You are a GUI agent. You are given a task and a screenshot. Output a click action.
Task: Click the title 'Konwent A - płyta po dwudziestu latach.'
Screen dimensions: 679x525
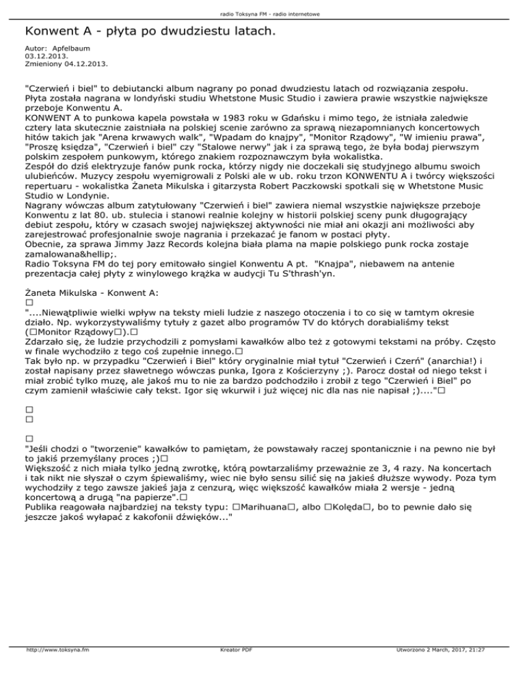(x=149, y=31)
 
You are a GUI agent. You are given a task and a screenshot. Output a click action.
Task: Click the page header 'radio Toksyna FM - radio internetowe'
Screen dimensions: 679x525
(x=262, y=14)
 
